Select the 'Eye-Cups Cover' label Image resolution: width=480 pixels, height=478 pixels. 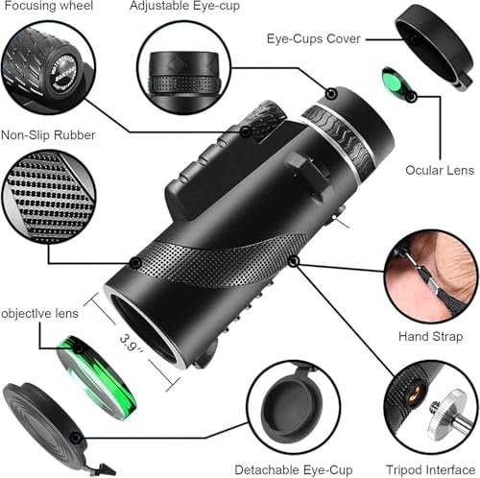pyautogui.click(x=313, y=39)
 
